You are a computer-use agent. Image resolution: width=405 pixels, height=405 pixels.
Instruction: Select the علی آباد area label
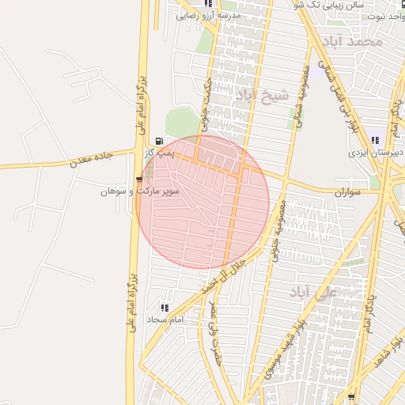coord(313,293)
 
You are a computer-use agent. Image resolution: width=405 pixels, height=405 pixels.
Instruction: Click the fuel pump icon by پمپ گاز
coord(160,140)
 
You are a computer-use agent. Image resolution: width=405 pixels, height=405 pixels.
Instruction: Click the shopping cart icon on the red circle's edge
coord(140,180)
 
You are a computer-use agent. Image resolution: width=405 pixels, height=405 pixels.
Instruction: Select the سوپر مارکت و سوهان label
coord(140,191)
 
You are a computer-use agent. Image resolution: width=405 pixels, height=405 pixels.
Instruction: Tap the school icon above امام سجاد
coord(165,308)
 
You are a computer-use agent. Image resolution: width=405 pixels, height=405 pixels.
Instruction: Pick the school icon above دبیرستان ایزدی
coord(375,140)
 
